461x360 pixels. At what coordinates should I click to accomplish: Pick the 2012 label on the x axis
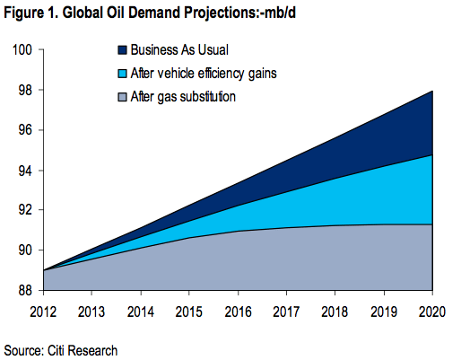coord(43,311)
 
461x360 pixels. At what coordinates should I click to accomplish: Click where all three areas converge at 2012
coord(44,270)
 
